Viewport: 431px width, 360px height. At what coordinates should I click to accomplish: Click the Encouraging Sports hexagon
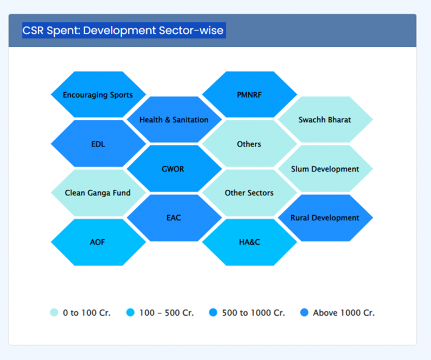pos(98,95)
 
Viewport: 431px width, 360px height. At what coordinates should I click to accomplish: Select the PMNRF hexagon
pos(249,95)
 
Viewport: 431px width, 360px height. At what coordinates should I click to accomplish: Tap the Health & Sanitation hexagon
pos(174,120)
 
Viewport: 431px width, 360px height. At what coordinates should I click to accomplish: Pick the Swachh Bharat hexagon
pos(325,120)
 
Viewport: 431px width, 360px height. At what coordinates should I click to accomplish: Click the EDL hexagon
pos(98,144)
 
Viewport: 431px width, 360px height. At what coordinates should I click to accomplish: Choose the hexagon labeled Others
pos(249,144)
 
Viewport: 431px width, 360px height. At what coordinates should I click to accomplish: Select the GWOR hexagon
pos(174,168)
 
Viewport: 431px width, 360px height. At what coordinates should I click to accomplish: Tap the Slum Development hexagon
pos(325,168)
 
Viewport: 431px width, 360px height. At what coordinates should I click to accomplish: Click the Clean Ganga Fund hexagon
pos(98,193)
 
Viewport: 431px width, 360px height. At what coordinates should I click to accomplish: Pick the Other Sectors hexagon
pos(249,193)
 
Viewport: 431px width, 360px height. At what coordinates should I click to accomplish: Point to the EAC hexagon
pos(174,217)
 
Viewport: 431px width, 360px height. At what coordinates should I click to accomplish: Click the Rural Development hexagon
pos(325,217)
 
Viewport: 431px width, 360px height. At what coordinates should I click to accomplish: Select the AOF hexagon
pos(98,242)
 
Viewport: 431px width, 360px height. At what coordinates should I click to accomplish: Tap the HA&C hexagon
pos(249,242)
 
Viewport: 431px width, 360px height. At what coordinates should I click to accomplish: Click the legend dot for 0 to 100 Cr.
pos(54,313)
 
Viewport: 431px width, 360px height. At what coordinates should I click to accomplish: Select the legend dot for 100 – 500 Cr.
pos(130,313)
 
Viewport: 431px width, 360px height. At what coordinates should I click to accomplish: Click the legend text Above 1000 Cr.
pos(343,313)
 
